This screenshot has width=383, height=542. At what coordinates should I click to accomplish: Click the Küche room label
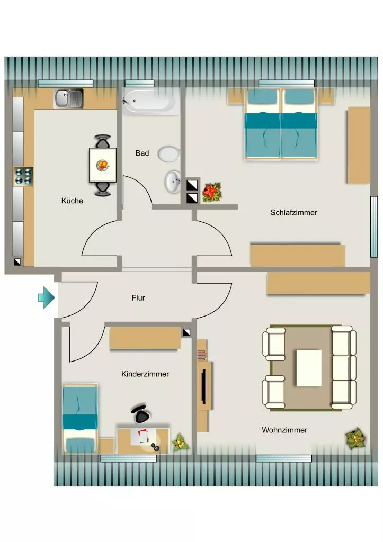click(72, 201)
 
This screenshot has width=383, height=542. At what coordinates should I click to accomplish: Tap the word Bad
click(142, 153)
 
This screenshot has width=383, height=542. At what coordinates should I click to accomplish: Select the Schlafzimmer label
click(293, 213)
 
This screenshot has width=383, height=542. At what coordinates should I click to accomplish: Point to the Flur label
click(138, 298)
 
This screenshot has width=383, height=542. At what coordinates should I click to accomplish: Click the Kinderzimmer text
click(145, 374)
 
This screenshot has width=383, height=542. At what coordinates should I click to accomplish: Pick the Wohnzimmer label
click(284, 430)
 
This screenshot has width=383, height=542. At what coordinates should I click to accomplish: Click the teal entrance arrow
click(47, 297)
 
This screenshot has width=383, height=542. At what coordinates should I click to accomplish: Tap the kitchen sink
click(68, 98)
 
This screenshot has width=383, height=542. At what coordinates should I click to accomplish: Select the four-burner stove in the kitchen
click(23, 176)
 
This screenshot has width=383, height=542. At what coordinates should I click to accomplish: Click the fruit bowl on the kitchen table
click(102, 165)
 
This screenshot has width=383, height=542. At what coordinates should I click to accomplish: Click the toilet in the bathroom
click(169, 154)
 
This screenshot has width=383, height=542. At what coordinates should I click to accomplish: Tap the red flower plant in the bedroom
click(211, 192)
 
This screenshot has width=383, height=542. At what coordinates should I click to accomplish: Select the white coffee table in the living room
click(309, 368)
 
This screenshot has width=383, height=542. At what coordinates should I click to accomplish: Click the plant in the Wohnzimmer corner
click(355, 439)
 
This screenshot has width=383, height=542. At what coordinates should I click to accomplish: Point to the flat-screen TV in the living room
click(204, 387)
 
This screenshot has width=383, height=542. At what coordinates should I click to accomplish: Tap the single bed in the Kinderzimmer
click(80, 419)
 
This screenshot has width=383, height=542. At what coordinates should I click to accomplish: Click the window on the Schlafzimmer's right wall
click(373, 227)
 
